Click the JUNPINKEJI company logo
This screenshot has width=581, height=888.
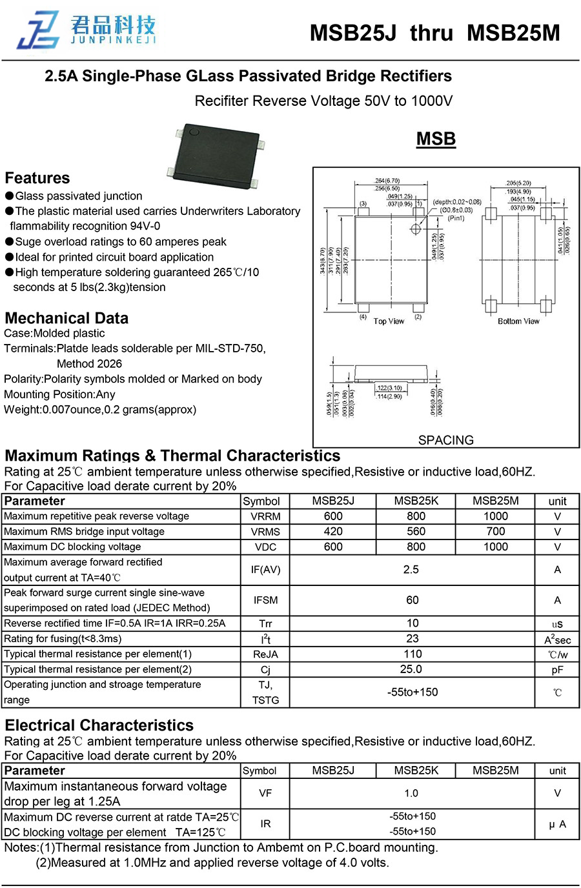coord(87,30)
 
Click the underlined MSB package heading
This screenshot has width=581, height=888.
coord(436,139)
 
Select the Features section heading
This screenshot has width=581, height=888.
coord(37,178)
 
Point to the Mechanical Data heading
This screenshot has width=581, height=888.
coord(66,318)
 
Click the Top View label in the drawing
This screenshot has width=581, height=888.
coord(389,321)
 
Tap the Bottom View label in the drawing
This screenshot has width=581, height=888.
coord(518,321)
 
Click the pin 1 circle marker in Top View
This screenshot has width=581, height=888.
coord(416,229)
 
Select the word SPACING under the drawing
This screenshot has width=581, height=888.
coord(445,440)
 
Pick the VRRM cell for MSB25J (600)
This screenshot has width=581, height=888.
coord(333,516)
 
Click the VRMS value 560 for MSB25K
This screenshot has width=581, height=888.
coord(416,531)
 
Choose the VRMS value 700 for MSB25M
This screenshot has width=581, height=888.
coord(495,531)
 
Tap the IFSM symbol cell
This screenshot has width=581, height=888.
coord(265,600)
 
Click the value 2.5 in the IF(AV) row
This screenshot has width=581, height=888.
coord(411,569)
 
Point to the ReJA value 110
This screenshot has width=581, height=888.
coord(413,654)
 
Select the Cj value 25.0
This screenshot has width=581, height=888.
coord(411,669)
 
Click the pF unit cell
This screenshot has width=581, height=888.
coord(557,670)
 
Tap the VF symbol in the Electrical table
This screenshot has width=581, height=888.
coord(265,793)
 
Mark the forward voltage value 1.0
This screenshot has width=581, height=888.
coord(411,793)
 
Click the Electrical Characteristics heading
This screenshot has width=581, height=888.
coord(99,725)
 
